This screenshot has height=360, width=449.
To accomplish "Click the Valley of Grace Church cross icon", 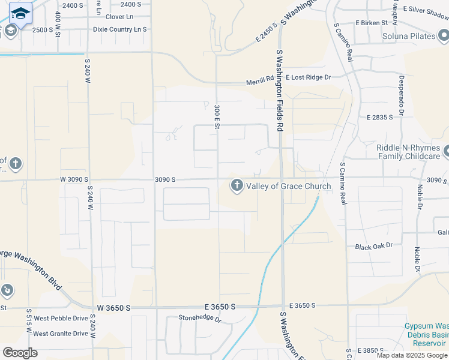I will pos(237,186).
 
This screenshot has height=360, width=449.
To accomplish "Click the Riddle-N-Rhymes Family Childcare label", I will pos(408,152).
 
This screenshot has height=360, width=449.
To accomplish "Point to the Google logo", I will pos(20,353).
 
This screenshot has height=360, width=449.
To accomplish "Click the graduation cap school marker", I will pos(20,14).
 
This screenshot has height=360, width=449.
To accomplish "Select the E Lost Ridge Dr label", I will pos(309,77).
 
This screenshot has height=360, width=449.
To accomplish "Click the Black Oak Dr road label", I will pos(373,246).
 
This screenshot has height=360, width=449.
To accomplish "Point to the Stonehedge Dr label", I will pos(200,318).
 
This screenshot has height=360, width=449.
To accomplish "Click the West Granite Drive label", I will pos(61,334).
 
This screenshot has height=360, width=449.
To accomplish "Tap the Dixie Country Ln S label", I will pos(119,29).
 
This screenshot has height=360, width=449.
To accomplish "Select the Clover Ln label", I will pos(119,17).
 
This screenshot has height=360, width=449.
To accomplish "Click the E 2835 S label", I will pos(379,118).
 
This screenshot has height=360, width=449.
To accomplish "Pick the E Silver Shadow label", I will pos(426,10).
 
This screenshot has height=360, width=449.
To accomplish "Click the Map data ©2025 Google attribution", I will pos(412,355).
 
